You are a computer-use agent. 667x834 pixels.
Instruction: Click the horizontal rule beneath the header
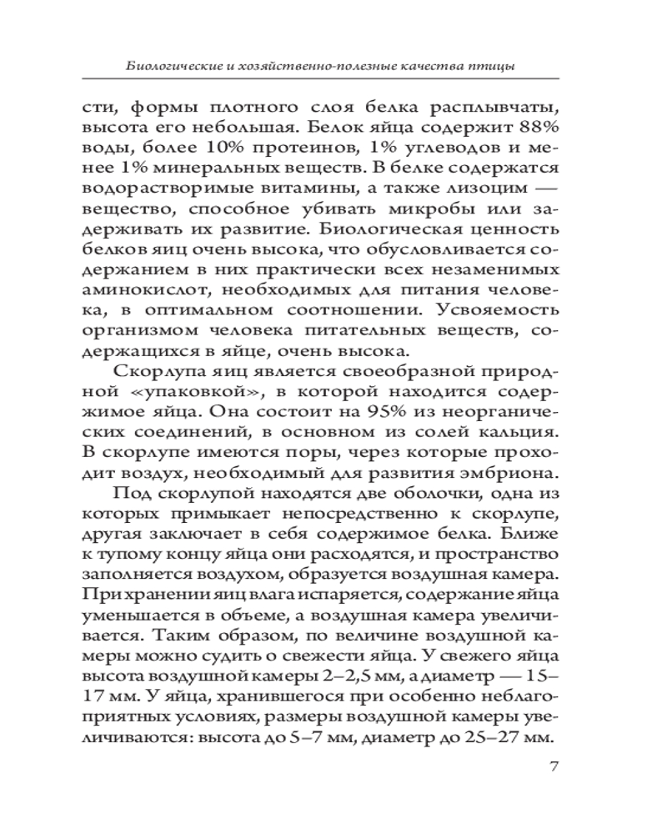coord(333,80)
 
